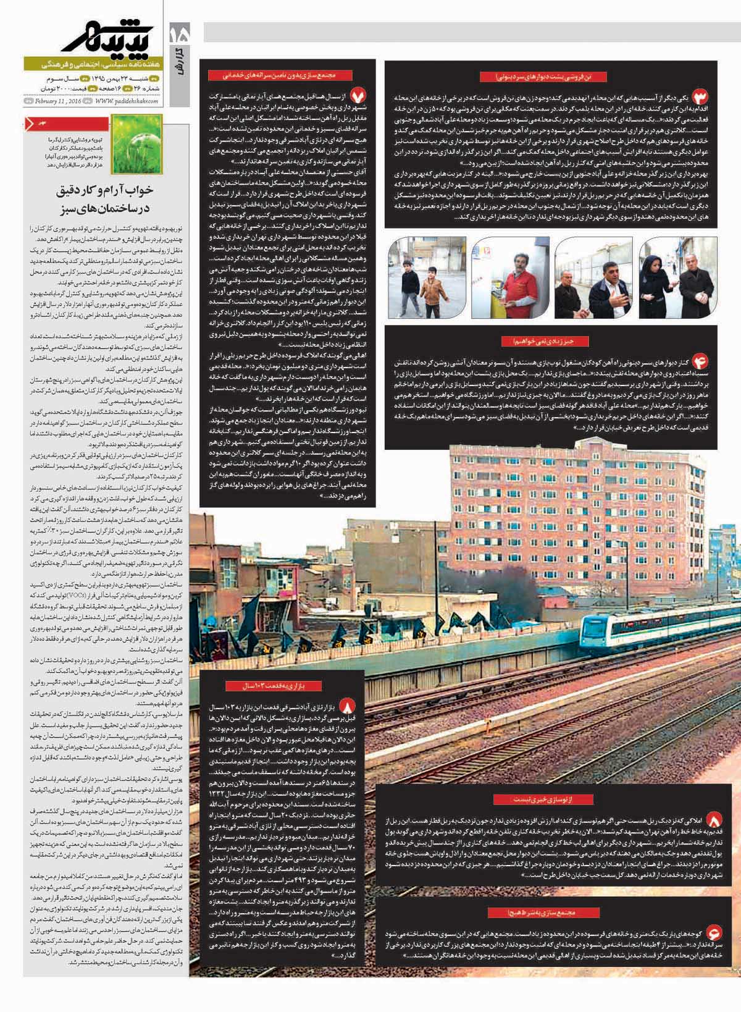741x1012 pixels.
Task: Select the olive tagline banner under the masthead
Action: (93, 64)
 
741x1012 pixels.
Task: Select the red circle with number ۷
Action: (359, 96)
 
